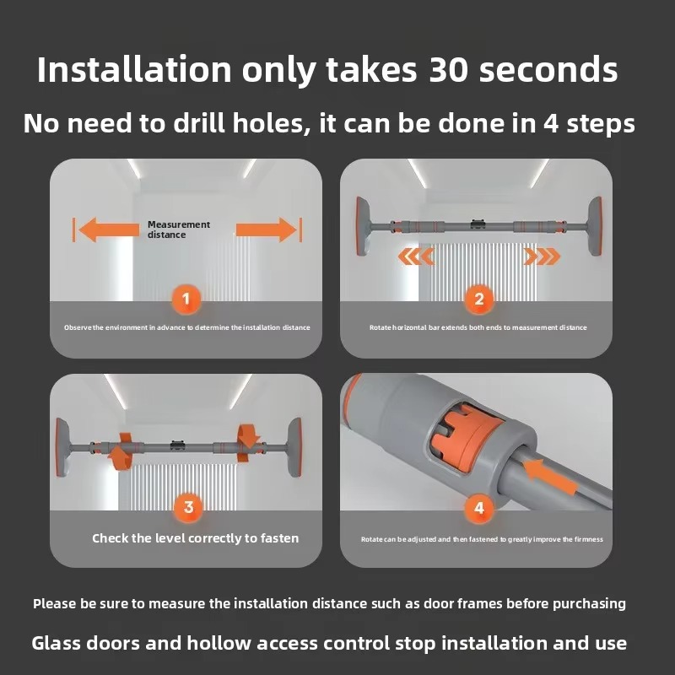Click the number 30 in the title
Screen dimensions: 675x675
[448, 70]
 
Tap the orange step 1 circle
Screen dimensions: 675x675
[186, 299]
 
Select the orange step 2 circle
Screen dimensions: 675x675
[479, 299]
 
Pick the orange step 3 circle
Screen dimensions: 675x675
[188, 507]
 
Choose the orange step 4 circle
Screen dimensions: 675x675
[479, 508]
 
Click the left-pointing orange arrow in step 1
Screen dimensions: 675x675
[109, 229]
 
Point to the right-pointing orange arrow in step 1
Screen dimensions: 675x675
[267, 229]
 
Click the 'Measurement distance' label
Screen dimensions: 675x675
[179, 229]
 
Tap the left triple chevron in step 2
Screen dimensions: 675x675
[416, 256]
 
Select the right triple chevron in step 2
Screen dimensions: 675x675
[542, 256]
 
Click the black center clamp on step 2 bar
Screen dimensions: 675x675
[478, 224]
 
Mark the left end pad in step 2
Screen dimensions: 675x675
[364, 226]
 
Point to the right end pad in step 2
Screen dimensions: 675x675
[595, 226]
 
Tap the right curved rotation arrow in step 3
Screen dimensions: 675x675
[249, 444]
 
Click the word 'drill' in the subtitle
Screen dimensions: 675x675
[199, 123]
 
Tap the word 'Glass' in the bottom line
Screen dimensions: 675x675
[56, 643]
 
